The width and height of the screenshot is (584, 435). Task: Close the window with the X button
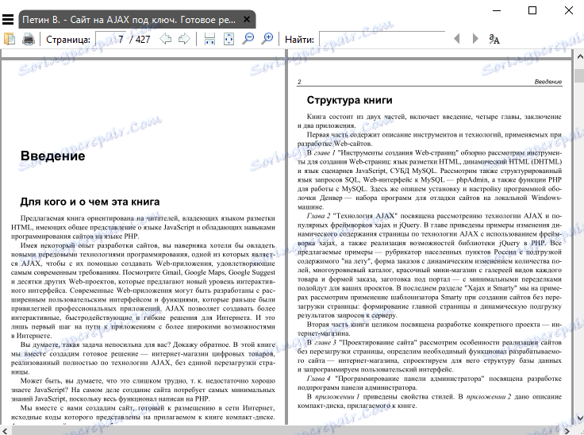pyautogui.click(x=567, y=10)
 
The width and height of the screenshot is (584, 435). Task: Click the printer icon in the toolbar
pyautogui.click(x=29, y=39)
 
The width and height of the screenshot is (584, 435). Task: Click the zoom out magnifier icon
pyautogui.click(x=248, y=39)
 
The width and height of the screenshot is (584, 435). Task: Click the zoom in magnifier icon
pyautogui.click(x=267, y=39)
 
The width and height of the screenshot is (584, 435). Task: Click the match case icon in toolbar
pyautogui.click(x=494, y=39)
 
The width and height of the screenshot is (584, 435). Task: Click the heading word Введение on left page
pyautogui.click(x=53, y=156)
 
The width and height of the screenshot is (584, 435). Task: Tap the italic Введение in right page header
pyautogui.click(x=547, y=82)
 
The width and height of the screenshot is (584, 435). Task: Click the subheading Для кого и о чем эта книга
pyautogui.click(x=90, y=202)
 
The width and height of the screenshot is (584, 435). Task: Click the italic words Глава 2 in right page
pyautogui.click(x=321, y=215)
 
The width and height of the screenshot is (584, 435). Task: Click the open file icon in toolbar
pyautogui.click(x=10, y=39)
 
